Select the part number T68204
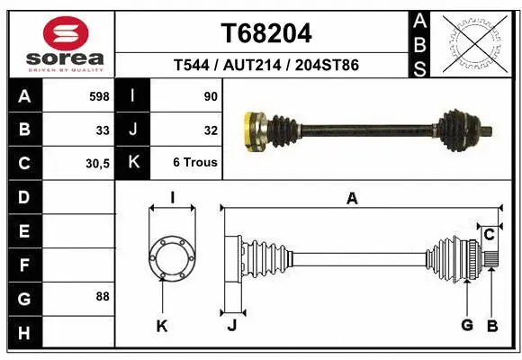[x=266, y=34]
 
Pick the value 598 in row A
[x=99, y=96]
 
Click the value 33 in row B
[x=103, y=130]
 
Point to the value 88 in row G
[x=103, y=296]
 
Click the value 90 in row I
[x=211, y=96]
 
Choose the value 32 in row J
[x=211, y=130]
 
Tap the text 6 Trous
[x=195, y=163]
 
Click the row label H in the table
[x=23, y=332]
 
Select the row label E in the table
[x=23, y=231]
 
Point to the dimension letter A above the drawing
[x=353, y=199]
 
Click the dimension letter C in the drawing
[x=489, y=235]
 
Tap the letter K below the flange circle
[x=162, y=326]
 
